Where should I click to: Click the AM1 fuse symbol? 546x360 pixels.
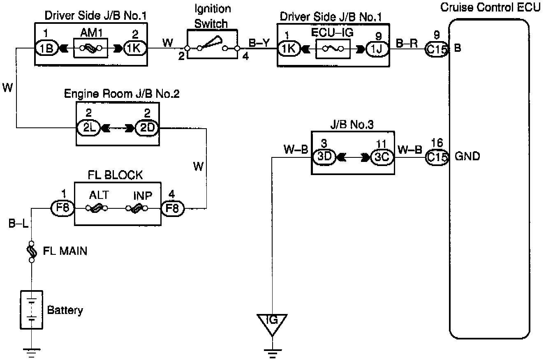pos(90,48)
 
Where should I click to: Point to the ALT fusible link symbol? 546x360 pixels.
pos(97,208)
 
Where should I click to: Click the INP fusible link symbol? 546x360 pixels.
pos(137,208)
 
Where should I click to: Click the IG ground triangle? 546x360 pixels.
pos(272,323)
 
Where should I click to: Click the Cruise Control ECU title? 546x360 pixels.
pos(490,8)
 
